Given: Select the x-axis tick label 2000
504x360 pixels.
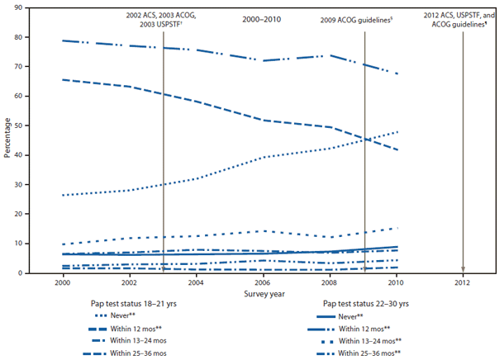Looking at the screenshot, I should pyautogui.click(x=63, y=282).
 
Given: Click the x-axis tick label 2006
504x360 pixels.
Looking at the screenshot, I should pyautogui.click(x=263, y=282).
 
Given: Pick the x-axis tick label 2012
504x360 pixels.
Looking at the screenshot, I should pyautogui.click(x=463, y=282).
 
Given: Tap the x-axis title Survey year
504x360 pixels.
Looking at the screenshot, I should pyautogui.click(x=264, y=293).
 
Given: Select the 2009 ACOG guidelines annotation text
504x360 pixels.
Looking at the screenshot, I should pyautogui.click(x=362, y=17).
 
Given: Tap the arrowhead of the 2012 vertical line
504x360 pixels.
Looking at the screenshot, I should pyautogui.click(x=463, y=269).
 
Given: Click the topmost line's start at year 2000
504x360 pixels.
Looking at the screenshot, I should pyautogui.click(x=63, y=40).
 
